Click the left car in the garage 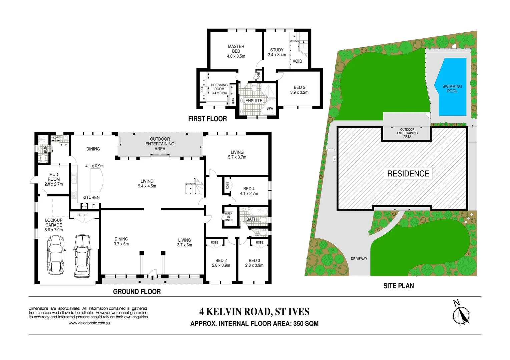click(55, 255)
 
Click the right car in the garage click(82, 256)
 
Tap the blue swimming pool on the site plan click(452, 87)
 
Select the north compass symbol click(462, 313)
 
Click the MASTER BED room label click(236, 51)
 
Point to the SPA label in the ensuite click(270, 108)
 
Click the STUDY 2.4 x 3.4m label click(277, 52)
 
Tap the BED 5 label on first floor click(299, 90)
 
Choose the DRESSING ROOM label click(219, 89)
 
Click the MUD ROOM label click(54, 179)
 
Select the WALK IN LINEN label click(228, 217)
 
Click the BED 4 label click(249, 191)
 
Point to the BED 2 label click(221, 263)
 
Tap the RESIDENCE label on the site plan click(408, 174)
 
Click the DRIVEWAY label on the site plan click(359, 259)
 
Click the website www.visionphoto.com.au click(89, 323)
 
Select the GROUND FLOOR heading click(137, 292)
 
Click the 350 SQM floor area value click(306, 324)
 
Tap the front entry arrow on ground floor click(153, 277)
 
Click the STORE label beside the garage click(84, 215)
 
